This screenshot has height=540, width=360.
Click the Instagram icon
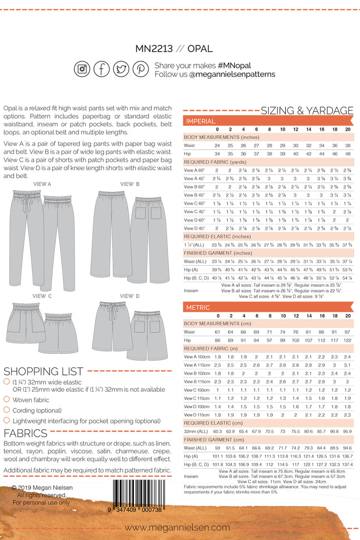pos(82,69)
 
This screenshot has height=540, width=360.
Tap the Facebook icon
pos(102,69)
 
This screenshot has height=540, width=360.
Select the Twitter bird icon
pos(121,69)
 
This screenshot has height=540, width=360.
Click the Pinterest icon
pos(140,69)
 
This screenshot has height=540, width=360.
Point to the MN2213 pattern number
pos(154,49)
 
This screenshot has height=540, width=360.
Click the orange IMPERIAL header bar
pos(268,121)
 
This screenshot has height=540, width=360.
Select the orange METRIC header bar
pos(268,307)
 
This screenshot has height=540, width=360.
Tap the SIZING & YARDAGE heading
pos(307,110)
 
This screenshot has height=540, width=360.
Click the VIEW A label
pos(42,184)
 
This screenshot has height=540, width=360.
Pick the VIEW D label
pos(130,296)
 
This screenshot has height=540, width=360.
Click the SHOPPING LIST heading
pos(43,371)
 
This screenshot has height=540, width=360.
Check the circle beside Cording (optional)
pos(6,410)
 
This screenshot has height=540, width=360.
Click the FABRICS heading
pos(25,433)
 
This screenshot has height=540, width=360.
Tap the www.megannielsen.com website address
pos(177,527)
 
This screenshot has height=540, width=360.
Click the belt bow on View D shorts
pos(112,312)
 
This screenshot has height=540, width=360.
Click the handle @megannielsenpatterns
pos(232,74)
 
